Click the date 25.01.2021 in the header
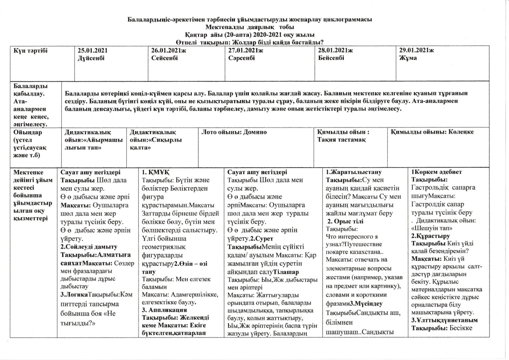93,51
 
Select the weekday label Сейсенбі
165,58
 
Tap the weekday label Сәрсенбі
242,58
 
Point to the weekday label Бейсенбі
331,58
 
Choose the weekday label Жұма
408,58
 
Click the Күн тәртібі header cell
31,51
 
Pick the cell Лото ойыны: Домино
234,132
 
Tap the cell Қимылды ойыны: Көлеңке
432,132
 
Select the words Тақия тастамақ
341,140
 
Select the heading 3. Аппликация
164,310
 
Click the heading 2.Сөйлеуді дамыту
89,247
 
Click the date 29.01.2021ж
416,51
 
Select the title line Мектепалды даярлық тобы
250,27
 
